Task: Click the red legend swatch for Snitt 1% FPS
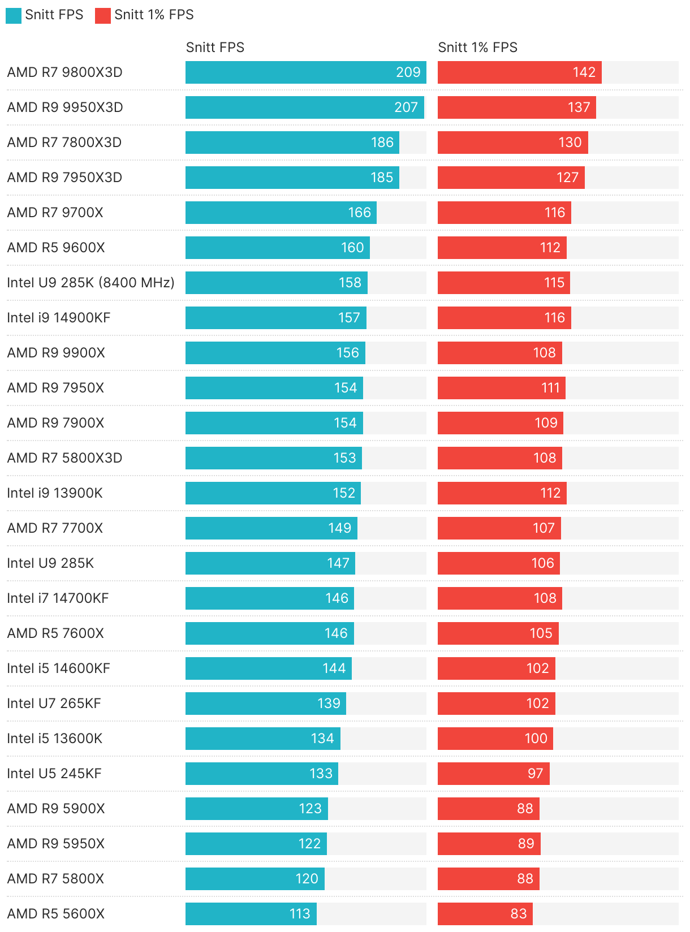102,15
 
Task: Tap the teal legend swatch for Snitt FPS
14,15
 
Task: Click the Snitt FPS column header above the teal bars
215,48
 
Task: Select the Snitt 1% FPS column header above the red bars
477,48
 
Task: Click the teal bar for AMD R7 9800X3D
305,72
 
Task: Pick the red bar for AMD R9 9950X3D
516,107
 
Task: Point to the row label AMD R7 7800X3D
64,143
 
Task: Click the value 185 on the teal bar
382,178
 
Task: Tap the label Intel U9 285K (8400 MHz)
90,283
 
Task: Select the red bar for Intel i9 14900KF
504,318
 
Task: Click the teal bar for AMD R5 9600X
277,248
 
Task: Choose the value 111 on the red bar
550,388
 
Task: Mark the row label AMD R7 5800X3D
64,458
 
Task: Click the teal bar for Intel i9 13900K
273,493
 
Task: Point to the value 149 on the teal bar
340,528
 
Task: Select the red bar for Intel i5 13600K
495,739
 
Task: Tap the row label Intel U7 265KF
54,704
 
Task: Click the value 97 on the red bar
535,774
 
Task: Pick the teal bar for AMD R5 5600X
251,914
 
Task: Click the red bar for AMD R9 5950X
489,844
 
